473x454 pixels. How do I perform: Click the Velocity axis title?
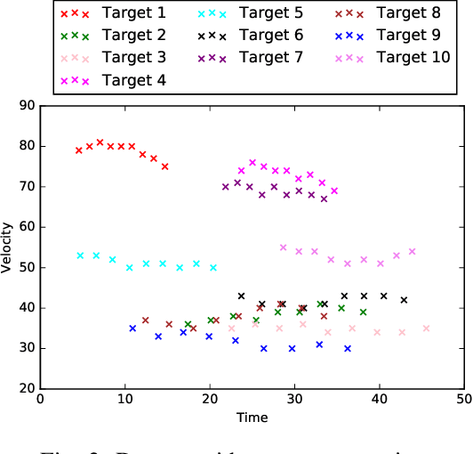(8, 247)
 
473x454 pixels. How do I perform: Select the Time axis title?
(252, 418)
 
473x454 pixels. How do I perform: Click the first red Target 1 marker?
(79, 150)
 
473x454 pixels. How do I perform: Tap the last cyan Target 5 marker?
(213, 267)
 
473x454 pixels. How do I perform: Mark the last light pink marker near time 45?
(426, 328)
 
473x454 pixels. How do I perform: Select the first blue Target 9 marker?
(132, 328)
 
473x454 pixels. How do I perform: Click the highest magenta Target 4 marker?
(253, 163)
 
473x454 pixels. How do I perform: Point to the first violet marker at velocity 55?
(283, 247)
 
